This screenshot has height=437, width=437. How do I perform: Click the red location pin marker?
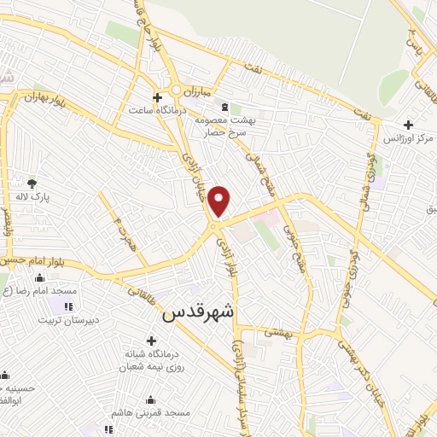pyautogui.click(x=220, y=200)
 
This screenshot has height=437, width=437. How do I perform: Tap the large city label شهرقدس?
pyautogui.click(x=198, y=312)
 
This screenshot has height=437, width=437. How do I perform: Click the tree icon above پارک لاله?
pyautogui.click(x=32, y=183)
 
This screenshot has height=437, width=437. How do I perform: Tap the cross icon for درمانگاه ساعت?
pyautogui.click(x=156, y=97)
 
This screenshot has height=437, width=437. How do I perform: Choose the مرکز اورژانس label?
pyautogui.click(x=408, y=137)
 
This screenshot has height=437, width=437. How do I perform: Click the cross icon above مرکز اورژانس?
pyautogui.click(x=409, y=124)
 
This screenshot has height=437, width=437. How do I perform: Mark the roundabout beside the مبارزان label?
pyautogui.click(x=177, y=90)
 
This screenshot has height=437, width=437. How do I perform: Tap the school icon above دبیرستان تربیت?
pyautogui.click(x=68, y=306)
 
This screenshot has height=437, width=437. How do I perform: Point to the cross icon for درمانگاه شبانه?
pyautogui.click(x=151, y=341)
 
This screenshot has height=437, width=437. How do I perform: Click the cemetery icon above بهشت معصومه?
pyautogui.click(x=224, y=107)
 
